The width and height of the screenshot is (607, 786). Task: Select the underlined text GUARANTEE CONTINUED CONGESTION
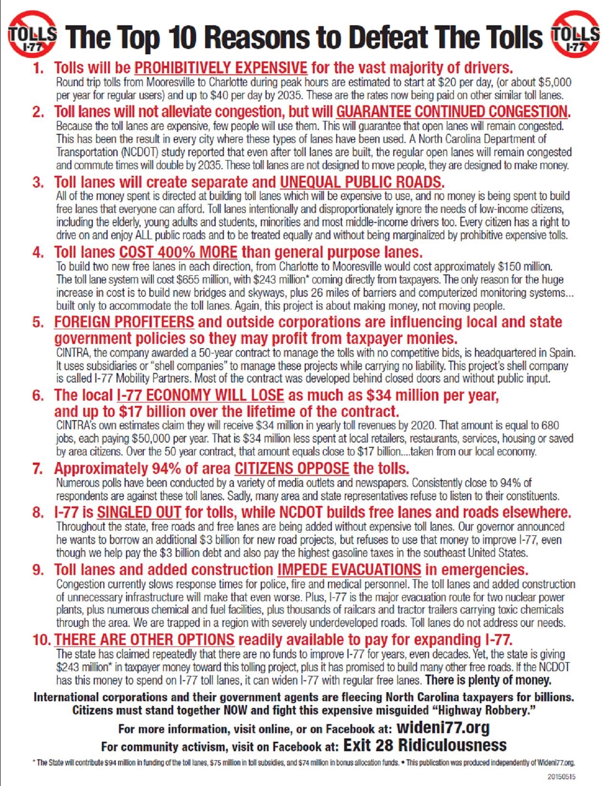pyautogui.click(x=453, y=112)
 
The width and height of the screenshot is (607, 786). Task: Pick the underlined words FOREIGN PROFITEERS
pyautogui.click(x=124, y=322)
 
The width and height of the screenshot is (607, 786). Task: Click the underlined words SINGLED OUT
pyautogui.click(x=139, y=513)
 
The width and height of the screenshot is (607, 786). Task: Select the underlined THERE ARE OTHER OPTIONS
pyautogui.click(x=144, y=639)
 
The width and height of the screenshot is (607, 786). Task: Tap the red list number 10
pyautogui.click(x=41, y=639)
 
